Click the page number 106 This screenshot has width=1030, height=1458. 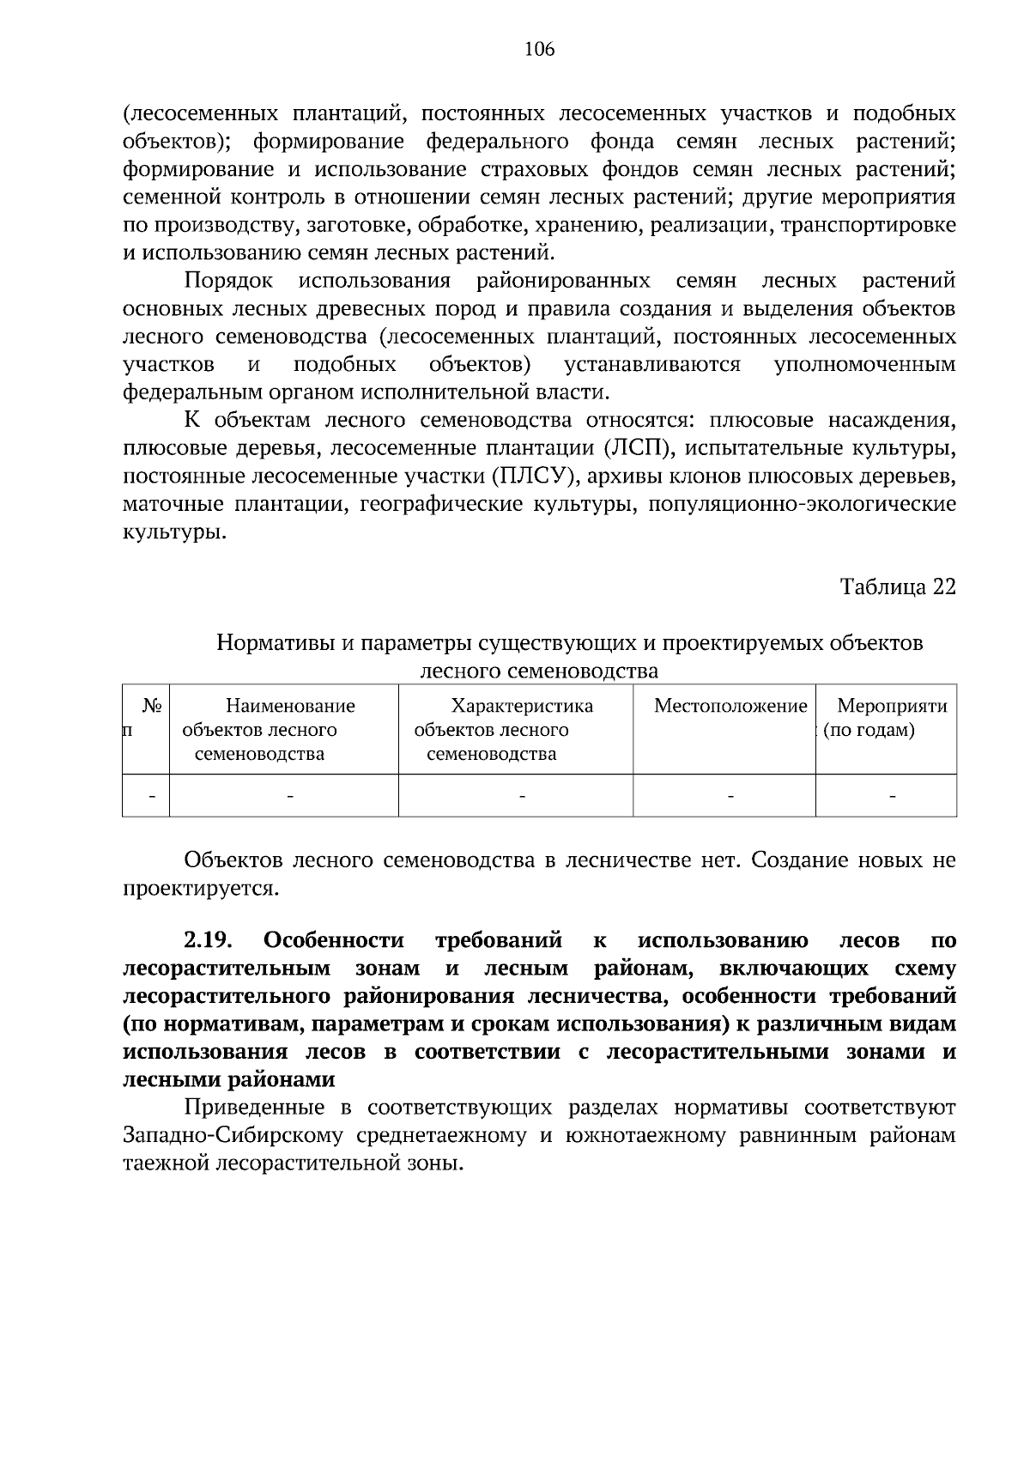540,49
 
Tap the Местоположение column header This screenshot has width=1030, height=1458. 730,707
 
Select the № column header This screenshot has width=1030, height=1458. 153,707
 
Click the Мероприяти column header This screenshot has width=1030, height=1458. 892,707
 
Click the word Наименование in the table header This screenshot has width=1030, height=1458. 290,707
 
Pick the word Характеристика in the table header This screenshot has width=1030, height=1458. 522,707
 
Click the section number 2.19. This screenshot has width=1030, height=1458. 209,940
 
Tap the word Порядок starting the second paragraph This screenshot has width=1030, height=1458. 228,281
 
